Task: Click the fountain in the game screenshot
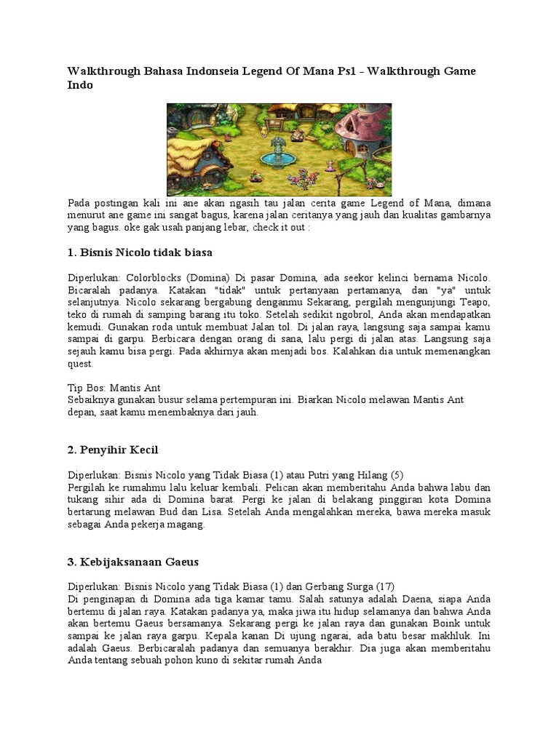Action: click(x=277, y=154)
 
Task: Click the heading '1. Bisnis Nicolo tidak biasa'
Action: click(x=139, y=252)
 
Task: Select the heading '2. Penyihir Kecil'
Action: click(x=113, y=450)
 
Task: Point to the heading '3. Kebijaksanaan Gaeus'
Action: click(x=133, y=562)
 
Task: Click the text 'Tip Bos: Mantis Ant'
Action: click(x=114, y=388)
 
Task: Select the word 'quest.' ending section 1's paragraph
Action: click(x=82, y=364)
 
